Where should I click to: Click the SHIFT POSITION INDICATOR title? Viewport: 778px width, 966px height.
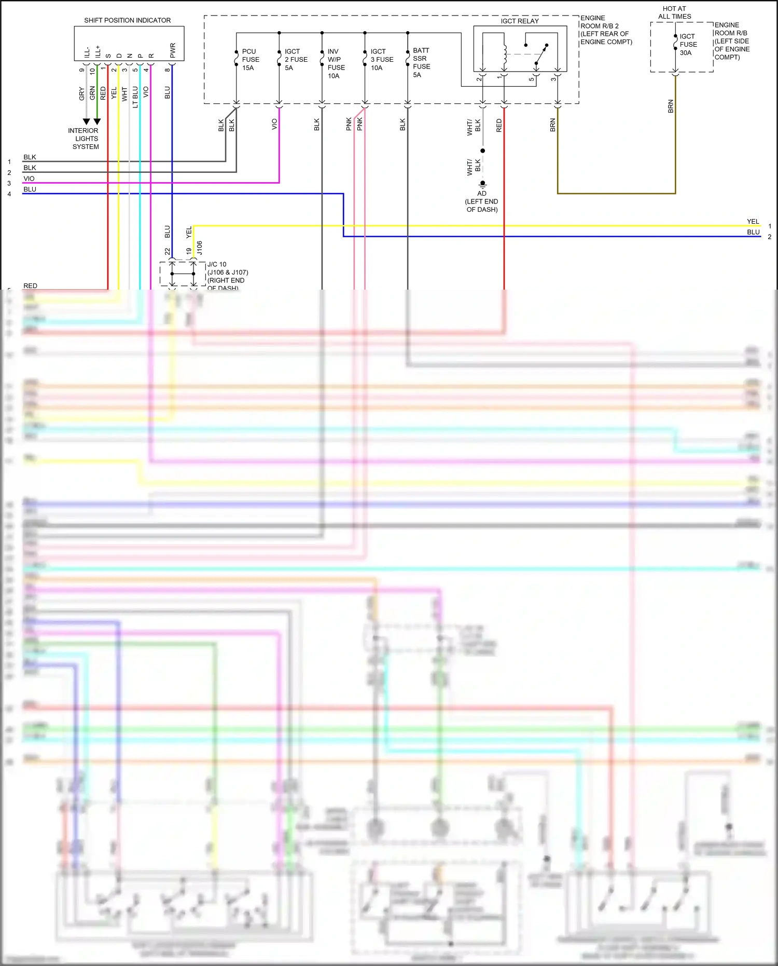(127, 20)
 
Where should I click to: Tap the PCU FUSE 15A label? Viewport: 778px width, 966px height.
(250, 60)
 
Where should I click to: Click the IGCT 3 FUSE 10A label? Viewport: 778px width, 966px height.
(381, 60)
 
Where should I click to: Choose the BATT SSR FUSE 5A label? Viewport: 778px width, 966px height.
(421, 62)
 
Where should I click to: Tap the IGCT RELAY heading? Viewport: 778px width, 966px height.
(519, 21)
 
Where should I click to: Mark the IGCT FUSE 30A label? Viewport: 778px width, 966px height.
(688, 45)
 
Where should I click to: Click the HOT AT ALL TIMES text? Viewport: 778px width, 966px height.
(674, 12)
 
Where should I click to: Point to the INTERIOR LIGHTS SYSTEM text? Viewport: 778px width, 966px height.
(84, 139)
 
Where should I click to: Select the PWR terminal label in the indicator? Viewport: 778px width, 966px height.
(173, 50)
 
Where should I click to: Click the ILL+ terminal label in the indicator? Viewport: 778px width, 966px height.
(98, 51)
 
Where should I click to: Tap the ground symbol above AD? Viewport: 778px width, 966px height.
(482, 184)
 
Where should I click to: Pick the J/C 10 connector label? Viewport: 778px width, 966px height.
(217, 264)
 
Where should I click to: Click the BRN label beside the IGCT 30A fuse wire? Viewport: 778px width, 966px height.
(670, 106)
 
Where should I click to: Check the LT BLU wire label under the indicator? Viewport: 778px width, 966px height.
(135, 97)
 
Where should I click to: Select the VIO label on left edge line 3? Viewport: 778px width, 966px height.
(29, 179)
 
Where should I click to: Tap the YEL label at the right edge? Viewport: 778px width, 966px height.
(753, 222)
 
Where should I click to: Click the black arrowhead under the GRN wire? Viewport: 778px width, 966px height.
(97, 121)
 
